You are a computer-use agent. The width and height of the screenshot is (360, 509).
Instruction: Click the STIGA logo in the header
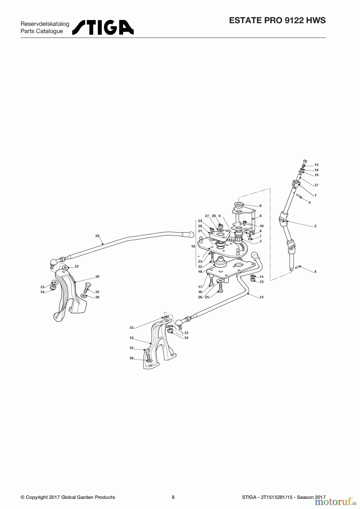pyautogui.click(x=103, y=27)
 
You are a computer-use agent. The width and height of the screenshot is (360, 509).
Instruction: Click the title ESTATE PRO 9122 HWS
pyautogui.click(x=277, y=20)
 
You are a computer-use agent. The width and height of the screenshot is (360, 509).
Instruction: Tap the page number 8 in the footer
pyautogui.click(x=173, y=497)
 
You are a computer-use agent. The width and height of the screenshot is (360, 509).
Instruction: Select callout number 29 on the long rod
pyautogui.click(x=97, y=236)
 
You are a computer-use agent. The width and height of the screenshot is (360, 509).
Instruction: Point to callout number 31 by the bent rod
pyautogui.click(x=262, y=297)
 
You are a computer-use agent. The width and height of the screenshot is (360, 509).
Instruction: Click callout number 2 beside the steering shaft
pyautogui.click(x=315, y=226)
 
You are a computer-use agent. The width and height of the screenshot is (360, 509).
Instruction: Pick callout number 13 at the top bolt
pyautogui.click(x=316, y=165)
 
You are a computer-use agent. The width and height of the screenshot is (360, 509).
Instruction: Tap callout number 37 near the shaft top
pyautogui.click(x=316, y=185)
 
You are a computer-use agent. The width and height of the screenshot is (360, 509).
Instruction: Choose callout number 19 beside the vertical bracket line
pyautogui.click(x=193, y=246)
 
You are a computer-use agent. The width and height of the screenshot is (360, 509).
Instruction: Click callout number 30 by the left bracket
pyautogui.click(x=97, y=277)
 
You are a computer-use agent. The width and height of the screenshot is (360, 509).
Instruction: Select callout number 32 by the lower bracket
pyautogui.click(x=131, y=338)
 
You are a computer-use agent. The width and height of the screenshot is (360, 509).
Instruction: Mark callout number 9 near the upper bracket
pyautogui.click(x=260, y=216)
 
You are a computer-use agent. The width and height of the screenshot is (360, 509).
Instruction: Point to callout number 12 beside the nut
pyautogui.click(x=262, y=282)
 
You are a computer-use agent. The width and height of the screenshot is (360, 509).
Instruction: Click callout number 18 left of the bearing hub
pyautogui.click(x=200, y=272)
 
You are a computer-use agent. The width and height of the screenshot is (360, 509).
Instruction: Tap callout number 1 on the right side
pyautogui.click(x=315, y=195)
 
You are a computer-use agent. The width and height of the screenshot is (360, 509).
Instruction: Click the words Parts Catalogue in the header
pyautogui.click(x=42, y=31)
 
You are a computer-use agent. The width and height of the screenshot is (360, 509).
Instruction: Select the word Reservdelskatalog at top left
pyautogui.click(x=45, y=24)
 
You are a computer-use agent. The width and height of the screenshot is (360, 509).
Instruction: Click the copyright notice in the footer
pyautogui.click(x=68, y=497)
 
